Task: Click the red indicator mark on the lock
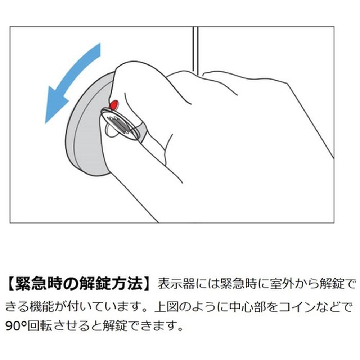114,105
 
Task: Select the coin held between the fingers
120,124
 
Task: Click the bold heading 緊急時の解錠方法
78,284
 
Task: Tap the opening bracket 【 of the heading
10,284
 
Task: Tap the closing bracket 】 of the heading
147,284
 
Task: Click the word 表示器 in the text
176,284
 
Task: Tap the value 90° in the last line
16,326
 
